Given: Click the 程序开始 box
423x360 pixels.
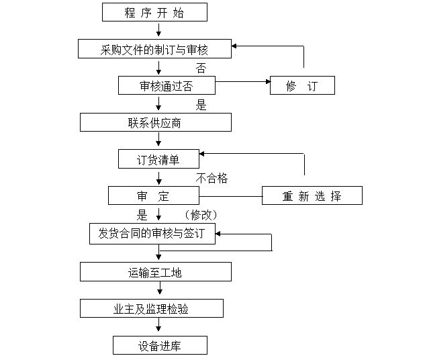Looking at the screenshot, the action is click(154, 12).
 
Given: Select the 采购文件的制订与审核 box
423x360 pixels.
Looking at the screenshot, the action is click(154, 49).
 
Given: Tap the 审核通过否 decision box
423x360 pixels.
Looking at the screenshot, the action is click(167, 85).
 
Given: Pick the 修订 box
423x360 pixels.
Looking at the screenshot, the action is click(302, 85).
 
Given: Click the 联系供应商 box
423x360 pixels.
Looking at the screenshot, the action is click(156, 122).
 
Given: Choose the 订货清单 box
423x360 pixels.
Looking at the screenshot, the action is click(158, 159).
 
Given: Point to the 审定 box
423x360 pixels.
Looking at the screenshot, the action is click(154, 195).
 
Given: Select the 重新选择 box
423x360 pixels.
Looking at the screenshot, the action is click(312, 195).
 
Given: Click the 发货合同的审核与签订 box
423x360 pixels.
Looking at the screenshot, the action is click(152, 234).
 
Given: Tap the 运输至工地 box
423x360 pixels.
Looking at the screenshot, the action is click(156, 272).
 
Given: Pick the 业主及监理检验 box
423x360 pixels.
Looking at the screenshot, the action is click(152, 308).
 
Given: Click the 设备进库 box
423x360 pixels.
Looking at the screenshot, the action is click(160, 345).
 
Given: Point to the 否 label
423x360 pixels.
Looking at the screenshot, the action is click(201, 68).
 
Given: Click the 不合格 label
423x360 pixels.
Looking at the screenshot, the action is click(211, 178).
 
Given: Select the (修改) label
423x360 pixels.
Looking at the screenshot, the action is click(201, 215).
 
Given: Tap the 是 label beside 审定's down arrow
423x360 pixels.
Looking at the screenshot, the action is click(142, 215).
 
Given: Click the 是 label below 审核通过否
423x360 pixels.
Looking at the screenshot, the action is click(201, 105).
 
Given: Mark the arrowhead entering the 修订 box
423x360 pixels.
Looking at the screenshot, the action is click(268, 81).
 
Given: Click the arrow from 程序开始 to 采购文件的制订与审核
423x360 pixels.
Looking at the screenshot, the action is click(158, 30).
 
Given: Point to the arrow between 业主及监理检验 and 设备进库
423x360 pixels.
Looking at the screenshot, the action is click(158, 324).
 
